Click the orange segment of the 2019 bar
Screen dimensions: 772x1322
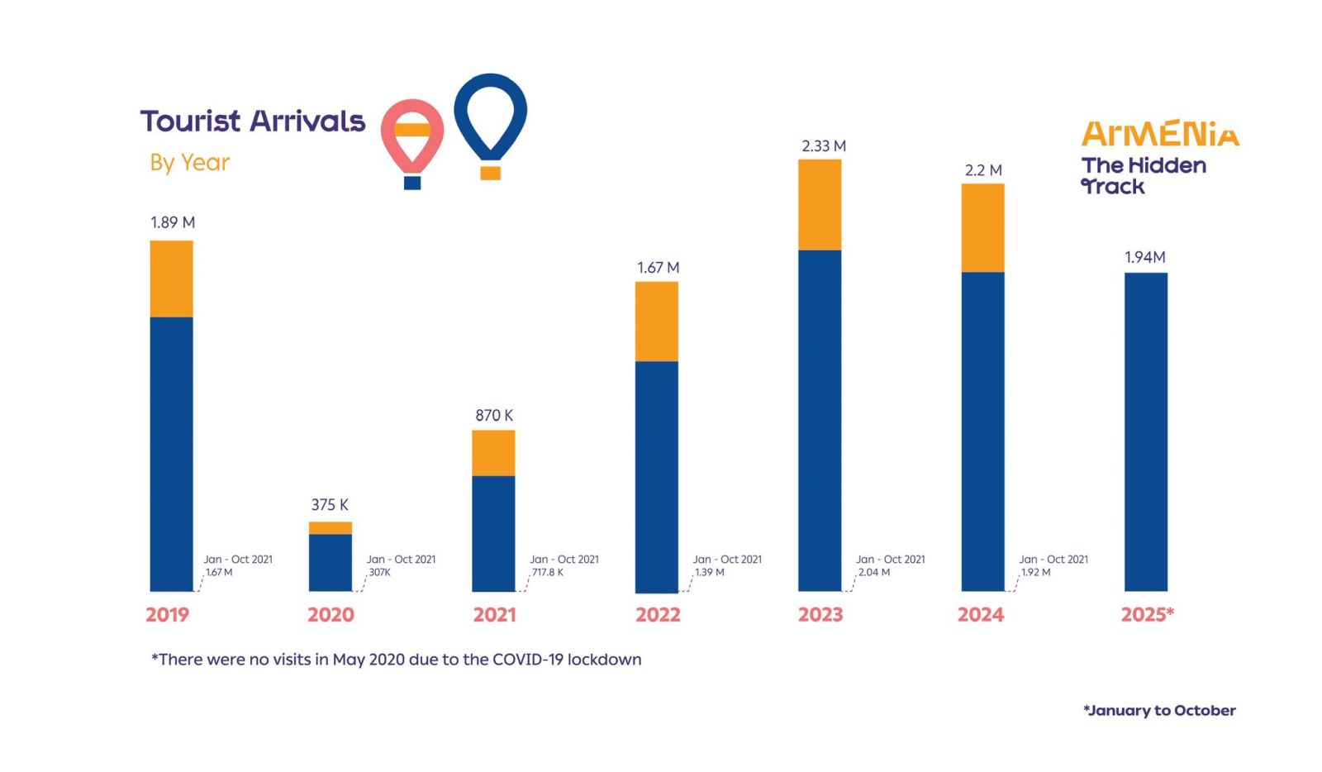[171, 279]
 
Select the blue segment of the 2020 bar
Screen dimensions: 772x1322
[330, 562]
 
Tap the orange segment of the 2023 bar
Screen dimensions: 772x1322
[820, 204]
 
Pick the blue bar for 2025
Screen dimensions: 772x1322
[1145, 431]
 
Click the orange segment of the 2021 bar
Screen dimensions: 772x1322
[493, 453]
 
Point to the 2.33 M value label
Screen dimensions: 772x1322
[824, 146]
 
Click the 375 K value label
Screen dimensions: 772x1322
[330, 504]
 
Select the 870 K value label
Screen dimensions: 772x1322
[494, 415]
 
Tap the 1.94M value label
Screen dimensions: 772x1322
[1145, 257]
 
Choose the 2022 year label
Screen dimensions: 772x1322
[658, 615]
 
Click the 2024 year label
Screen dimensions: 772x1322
[981, 615]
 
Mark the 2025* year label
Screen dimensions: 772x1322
[1147, 615]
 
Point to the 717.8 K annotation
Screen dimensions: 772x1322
[547, 572]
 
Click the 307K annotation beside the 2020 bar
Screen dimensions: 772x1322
[380, 572]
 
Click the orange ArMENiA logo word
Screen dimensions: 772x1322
[1160, 134]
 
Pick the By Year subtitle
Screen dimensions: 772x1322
[190, 162]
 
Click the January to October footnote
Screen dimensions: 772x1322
[1159, 711]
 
